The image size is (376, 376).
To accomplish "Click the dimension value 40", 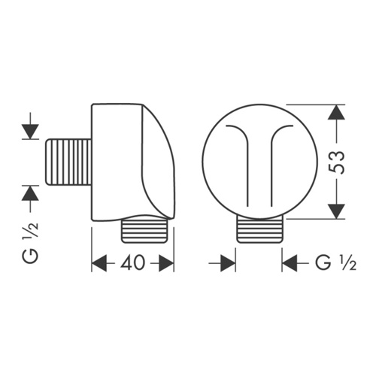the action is coord(132,262).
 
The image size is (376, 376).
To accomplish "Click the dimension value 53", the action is coord(336,162).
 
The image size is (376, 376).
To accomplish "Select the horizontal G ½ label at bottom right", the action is coord(336,262).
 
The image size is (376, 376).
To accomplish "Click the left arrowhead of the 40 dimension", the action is coord(99,263).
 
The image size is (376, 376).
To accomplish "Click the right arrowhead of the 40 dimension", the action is coord(166,263).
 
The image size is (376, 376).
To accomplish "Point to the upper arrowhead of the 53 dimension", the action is coord(336,112).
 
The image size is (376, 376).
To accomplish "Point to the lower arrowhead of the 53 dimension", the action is coord(336,211).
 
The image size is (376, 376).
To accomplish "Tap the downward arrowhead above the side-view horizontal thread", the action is coord(30,132).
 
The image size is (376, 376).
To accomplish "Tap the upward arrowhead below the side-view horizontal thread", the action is coord(30,193).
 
